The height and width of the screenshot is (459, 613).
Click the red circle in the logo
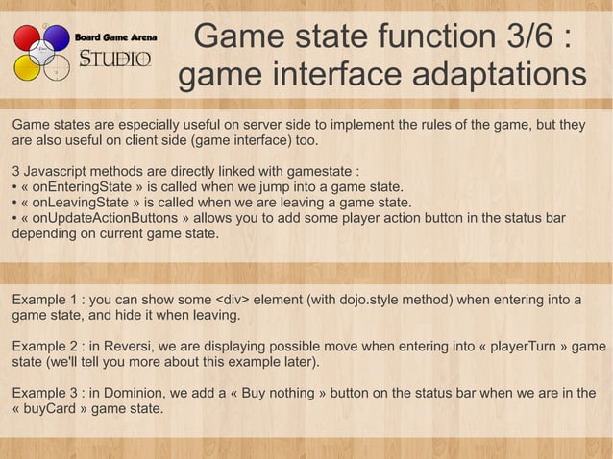[27, 39]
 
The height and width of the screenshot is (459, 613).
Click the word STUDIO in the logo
[115, 60]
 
